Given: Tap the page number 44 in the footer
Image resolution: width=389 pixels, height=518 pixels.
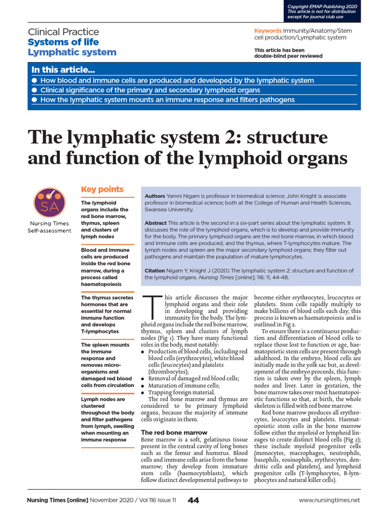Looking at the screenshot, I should [193, 500].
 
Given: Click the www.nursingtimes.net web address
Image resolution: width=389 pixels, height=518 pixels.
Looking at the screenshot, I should [329, 500].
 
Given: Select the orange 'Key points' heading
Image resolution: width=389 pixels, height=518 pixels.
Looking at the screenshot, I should [102, 189].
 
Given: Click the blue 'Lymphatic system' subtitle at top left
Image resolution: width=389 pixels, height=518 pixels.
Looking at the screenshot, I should [72, 52].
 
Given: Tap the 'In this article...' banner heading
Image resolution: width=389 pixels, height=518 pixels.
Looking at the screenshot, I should [63, 70].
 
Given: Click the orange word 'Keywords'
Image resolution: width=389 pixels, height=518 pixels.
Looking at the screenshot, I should [268, 31].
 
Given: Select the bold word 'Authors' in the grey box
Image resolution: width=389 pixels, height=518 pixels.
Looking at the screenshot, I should [155, 196].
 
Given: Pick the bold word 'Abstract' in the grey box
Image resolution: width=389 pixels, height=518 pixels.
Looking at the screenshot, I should [156, 223].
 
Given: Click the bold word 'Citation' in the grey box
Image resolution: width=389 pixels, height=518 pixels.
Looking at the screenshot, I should [155, 271].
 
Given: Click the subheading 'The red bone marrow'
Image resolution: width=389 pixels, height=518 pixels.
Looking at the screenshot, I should [174, 433].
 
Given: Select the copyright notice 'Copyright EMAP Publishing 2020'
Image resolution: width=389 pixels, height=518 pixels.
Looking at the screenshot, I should [322, 6].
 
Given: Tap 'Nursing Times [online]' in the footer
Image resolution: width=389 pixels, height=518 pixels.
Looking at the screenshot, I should [57, 500].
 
